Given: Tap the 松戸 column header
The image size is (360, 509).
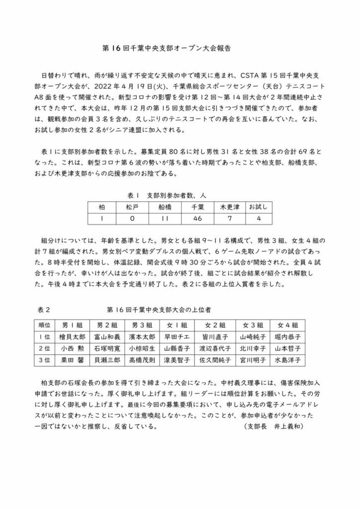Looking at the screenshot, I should (x=133, y=206).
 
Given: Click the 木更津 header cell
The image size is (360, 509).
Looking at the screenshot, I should (x=230, y=206).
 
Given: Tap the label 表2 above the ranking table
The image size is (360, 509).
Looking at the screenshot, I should (x=44, y=309).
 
